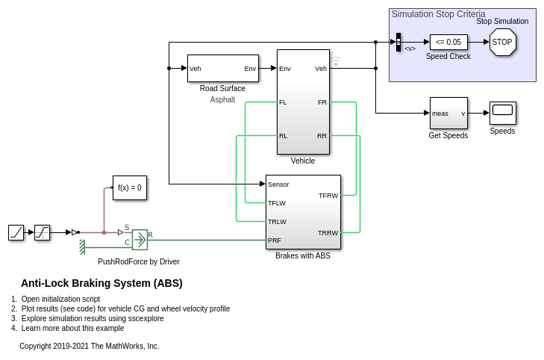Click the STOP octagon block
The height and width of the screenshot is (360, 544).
(x=502, y=43)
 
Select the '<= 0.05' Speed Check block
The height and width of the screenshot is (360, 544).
(x=448, y=42)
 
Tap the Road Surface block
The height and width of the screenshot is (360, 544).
(x=222, y=69)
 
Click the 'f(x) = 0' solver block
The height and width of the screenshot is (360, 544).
(x=130, y=188)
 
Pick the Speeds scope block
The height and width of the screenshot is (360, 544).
(x=502, y=113)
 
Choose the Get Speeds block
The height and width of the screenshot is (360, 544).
(x=448, y=114)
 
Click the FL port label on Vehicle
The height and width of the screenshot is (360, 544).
(x=283, y=102)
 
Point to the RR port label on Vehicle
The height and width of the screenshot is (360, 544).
(x=322, y=136)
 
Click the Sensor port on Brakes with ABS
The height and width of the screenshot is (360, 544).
(x=278, y=184)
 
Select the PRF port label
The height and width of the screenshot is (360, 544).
(x=275, y=240)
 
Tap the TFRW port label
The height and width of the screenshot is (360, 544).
(x=328, y=196)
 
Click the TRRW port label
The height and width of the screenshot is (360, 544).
(x=328, y=233)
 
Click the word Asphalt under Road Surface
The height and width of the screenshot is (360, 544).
(x=222, y=99)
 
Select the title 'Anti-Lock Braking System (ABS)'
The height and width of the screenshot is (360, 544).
(x=101, y=283)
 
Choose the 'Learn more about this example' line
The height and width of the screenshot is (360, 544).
(x=72, y=328)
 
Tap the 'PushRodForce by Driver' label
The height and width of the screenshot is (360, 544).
(x=139, y=261)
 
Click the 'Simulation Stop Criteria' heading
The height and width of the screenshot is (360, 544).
(x=438, y=14)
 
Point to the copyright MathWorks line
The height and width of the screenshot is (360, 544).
(x=89, y=346)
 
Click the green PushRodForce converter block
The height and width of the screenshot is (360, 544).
(x=140, y=239)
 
